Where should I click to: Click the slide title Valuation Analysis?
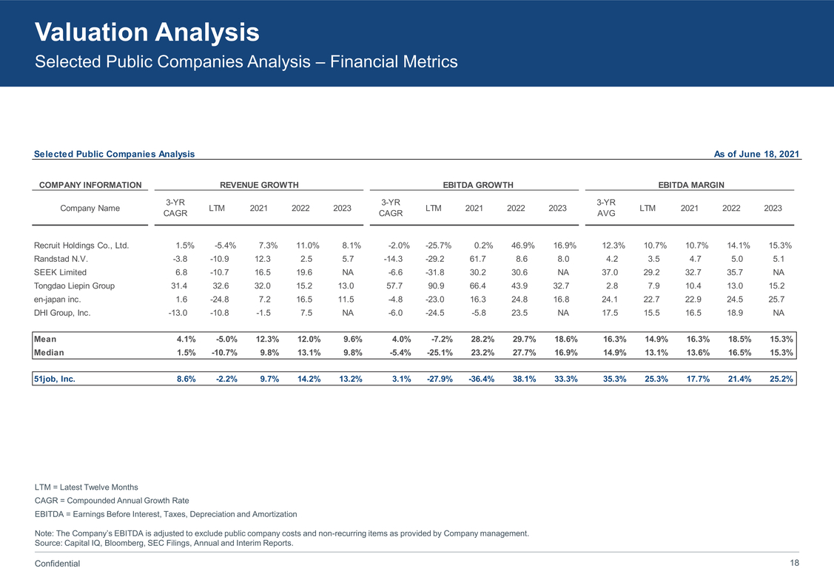click(147, 32)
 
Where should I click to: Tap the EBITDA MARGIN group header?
click(690, 185)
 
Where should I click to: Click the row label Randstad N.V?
click(62, 260)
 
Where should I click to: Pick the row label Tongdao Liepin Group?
click(75, 286)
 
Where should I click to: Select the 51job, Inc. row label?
click(55, 379)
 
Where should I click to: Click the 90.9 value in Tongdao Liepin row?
click(435, 286)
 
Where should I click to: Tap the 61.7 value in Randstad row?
click(474, 260)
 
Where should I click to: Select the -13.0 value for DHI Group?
click(176, 313)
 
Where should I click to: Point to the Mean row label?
click(45, 340)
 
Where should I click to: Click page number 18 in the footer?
click(795, 563)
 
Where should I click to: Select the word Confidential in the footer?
click(58, 564)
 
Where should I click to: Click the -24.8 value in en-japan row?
click(216, 300)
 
